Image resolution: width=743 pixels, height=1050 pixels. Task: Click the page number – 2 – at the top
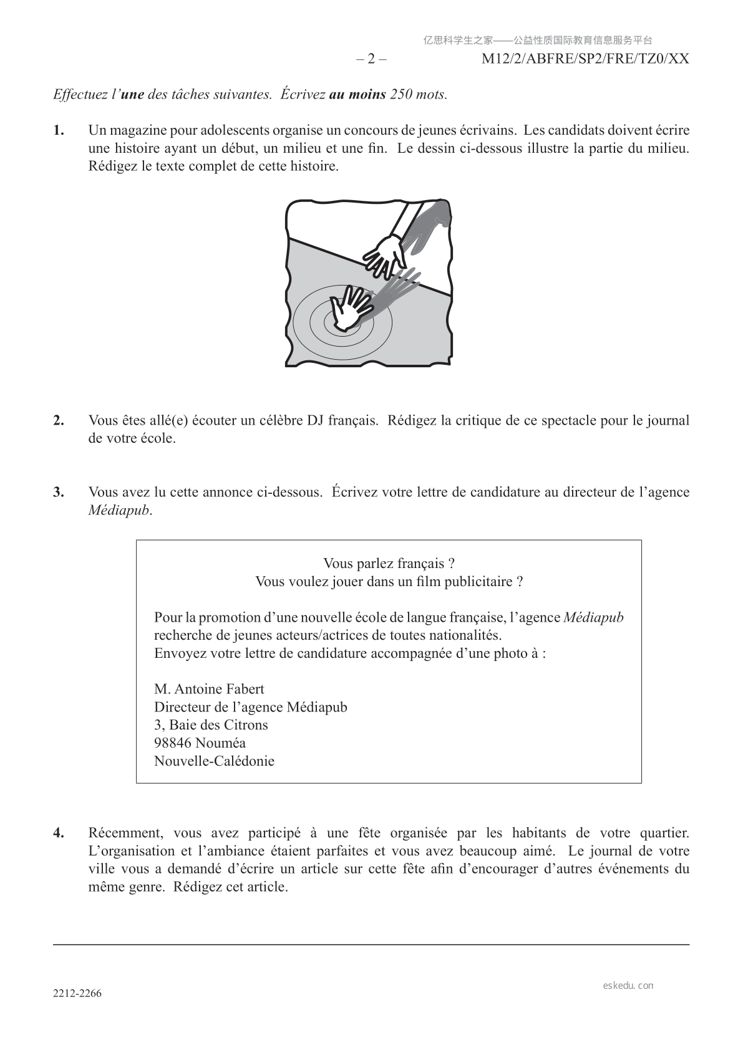coord(371,59)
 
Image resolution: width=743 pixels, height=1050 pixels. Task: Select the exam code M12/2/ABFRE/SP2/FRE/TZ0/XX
coord(585,59)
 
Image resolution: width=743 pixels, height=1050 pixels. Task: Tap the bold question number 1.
coord(59,131)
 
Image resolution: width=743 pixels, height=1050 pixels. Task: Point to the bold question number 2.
coord(59,420)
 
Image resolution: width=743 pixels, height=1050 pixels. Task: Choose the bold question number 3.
coord(59,492)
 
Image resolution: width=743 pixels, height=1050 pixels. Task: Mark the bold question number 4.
coord(59,833)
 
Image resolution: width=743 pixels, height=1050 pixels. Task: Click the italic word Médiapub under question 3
coord(119,510)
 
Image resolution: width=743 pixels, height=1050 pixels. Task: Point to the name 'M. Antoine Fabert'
coord(209,689)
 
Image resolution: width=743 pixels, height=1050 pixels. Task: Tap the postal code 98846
coord(173,743)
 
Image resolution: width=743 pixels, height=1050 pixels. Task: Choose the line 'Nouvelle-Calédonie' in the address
coord(214,761)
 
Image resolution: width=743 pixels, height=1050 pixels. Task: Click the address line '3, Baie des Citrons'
coord(211,725)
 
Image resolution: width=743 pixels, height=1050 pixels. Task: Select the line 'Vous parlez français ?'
coord(389,564)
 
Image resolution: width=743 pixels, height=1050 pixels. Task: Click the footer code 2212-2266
coord(77,994)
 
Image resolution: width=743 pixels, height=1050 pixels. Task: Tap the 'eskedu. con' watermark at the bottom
coord(628,986)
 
